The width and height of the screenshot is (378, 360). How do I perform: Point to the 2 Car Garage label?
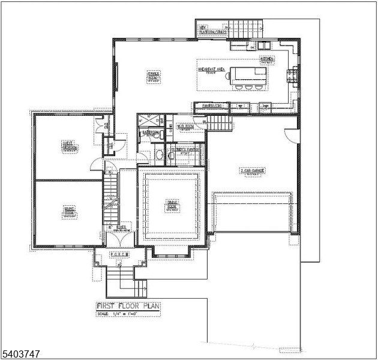pos(253,171)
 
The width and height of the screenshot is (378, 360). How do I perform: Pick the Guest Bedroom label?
pos(68,145)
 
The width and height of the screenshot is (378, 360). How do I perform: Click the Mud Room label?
pos(184,127)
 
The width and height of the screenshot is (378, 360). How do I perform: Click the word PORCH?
pos(120,254)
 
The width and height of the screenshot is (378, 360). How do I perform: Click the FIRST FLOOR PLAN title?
pos(128,305)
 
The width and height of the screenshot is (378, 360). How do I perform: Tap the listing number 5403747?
pos(20,355)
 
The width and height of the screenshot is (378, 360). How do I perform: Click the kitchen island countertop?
pos(249,74)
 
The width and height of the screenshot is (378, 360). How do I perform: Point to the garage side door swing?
pos(290,134)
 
